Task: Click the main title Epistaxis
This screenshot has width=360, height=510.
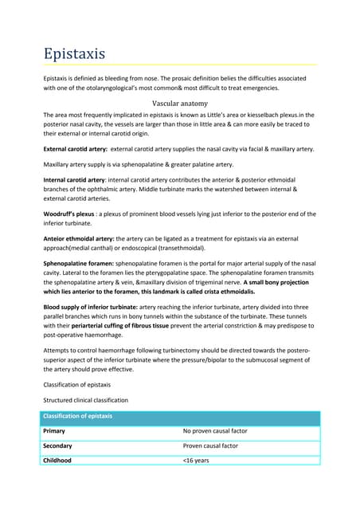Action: (x=73, y=53)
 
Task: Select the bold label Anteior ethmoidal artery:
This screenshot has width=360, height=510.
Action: (x=80, y=238)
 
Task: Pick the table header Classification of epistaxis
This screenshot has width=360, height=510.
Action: (x=78, y=417)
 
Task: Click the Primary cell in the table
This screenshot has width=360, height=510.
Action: (x=55, y=431)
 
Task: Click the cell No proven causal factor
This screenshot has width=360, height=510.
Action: (x=215, y=431)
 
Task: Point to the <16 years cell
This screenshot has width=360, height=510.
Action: (x=195, y=461)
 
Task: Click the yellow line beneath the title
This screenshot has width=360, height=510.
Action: (x=180, y=65)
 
